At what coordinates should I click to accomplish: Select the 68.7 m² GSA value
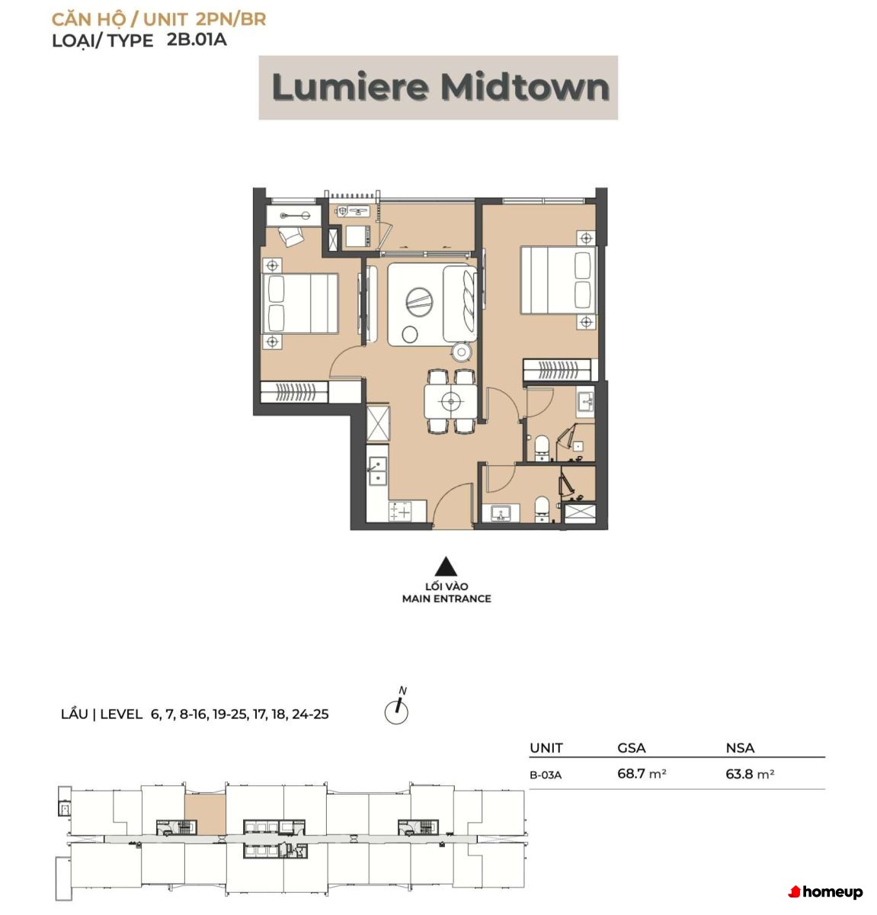pos(642,773)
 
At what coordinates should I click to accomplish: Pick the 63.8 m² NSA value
pos(750,773)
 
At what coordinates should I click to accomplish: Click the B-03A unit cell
pos(546,775)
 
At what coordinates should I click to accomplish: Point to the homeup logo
pos(825,892)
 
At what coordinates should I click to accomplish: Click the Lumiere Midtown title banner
pos(438,88)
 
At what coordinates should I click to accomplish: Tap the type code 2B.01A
pos(197,40)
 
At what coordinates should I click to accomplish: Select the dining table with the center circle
pos(450,401)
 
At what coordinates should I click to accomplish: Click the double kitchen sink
pos(377,471)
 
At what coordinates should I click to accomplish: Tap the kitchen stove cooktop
pos(400,511)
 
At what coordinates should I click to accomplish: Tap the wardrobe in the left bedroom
pos(294,392)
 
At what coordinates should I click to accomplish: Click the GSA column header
pos(632,748)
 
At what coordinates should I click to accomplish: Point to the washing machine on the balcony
pos(358,236)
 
